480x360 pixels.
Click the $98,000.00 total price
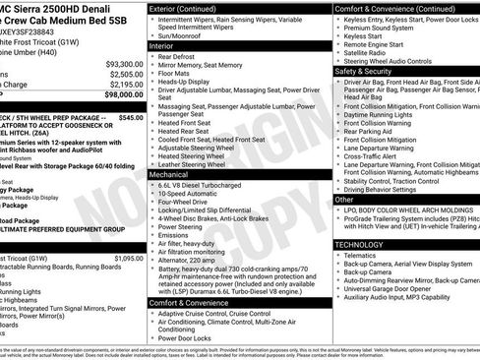point(117,95)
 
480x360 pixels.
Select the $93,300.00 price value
point(120,63)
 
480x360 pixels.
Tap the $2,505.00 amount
point(122,74)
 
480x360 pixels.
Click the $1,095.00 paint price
point(128,258)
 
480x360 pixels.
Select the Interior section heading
point(161,45)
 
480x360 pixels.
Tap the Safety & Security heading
point(364,71)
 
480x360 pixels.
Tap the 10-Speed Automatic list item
point(194,196)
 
